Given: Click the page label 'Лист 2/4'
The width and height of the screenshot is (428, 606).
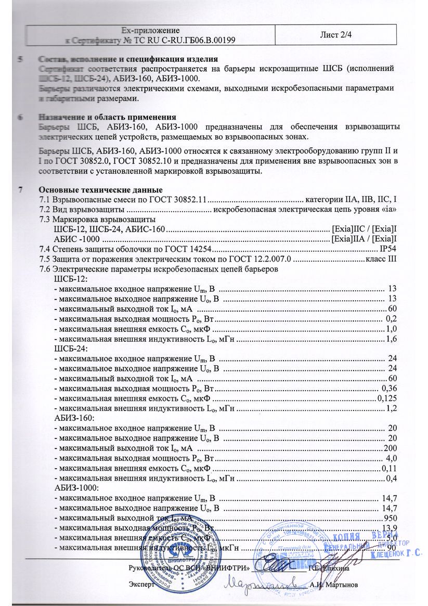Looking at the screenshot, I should pyautogui.click(x=334, y=34).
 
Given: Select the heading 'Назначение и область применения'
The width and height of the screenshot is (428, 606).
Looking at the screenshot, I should pyautogui.click(x=107, y=117).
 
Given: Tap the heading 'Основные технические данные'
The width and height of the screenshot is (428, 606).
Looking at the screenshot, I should pyautogui.click(x=100, y=190).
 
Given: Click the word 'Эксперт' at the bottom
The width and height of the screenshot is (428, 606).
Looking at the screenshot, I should pyautogui.click(x=141, y=585).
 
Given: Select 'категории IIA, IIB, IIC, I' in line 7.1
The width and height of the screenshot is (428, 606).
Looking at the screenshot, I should pyautogui.click(x=352, y=199).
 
